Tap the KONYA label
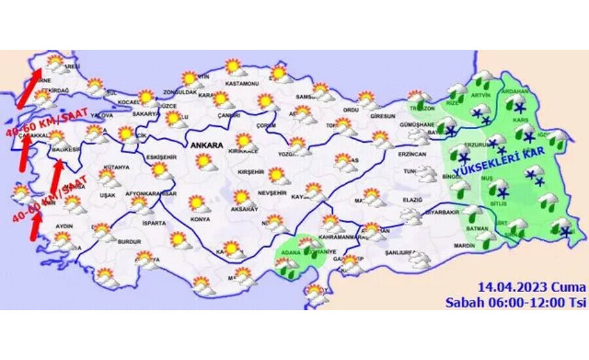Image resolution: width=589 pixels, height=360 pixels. click(x=200, y=219)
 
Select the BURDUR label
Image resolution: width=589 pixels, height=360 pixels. click(x=129, y=242)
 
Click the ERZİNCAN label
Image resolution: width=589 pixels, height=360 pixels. click(x=412, y=154)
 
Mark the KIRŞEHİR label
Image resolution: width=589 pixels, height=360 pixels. click(x=251, y=171)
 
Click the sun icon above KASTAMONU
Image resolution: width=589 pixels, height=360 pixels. click(x=234, y=67)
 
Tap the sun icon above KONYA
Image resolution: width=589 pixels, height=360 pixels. click(x=197, y=204)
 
